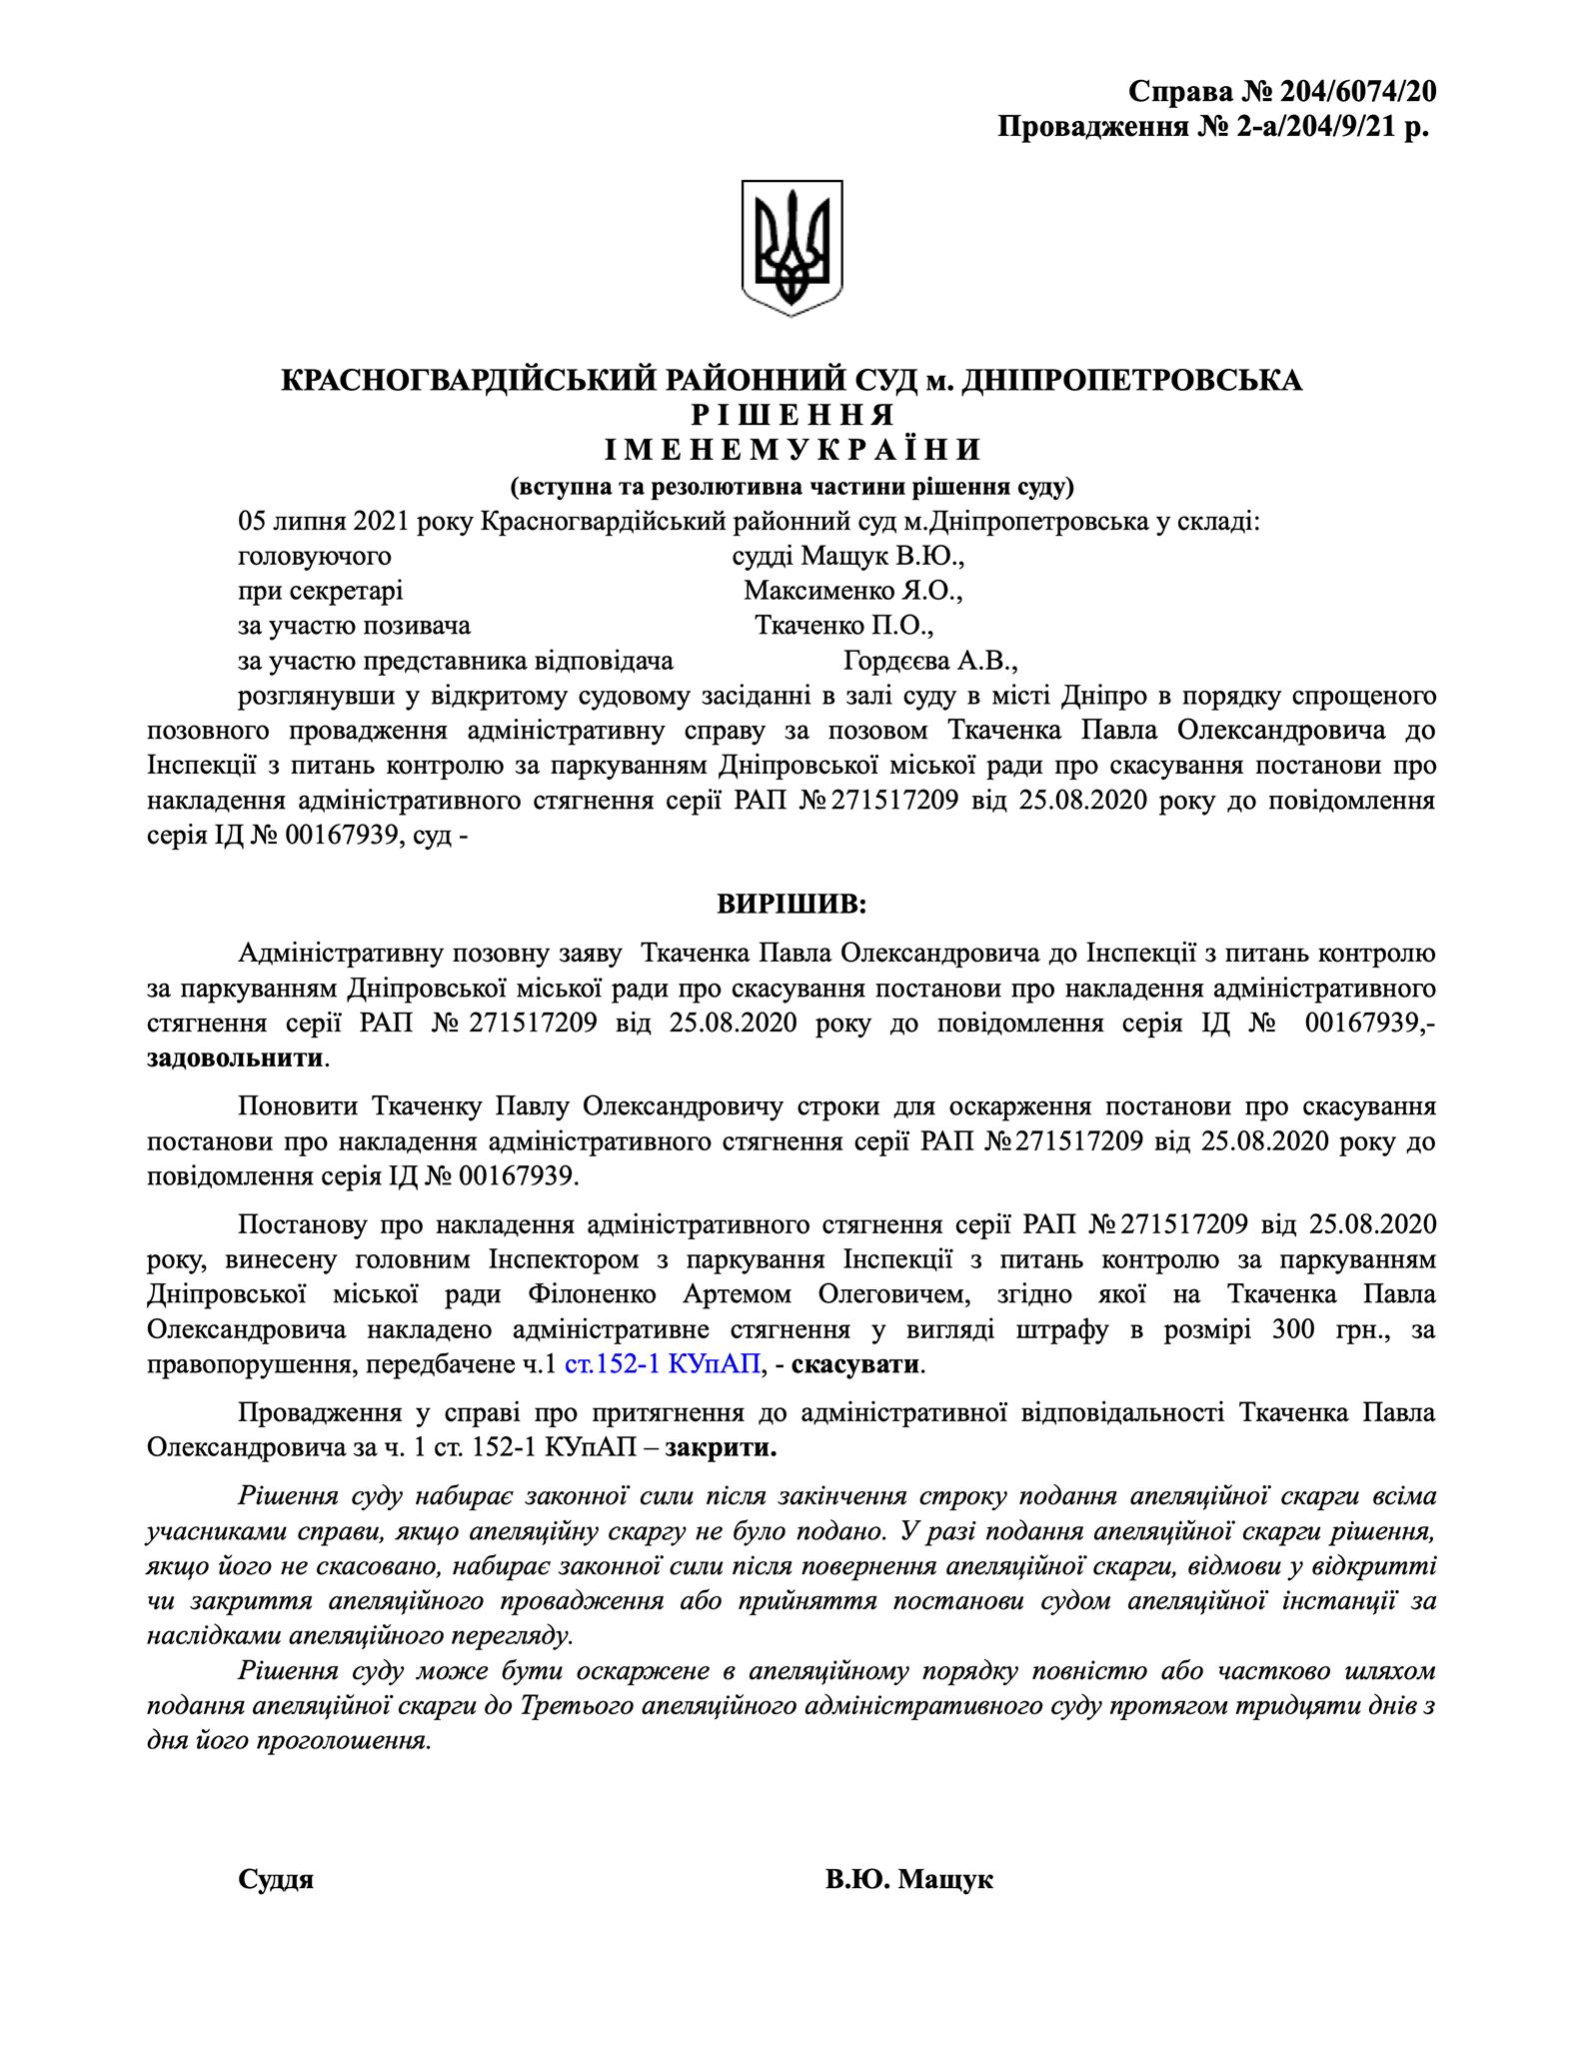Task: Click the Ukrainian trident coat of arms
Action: point(791,247)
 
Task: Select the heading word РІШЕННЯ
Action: point(791,415)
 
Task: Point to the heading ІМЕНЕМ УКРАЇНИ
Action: point(792,450)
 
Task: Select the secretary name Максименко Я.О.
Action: point(852,591)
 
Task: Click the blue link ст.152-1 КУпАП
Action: point(662,1364)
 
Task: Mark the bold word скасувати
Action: point(856,1364)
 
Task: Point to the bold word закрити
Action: point(721,1448)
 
